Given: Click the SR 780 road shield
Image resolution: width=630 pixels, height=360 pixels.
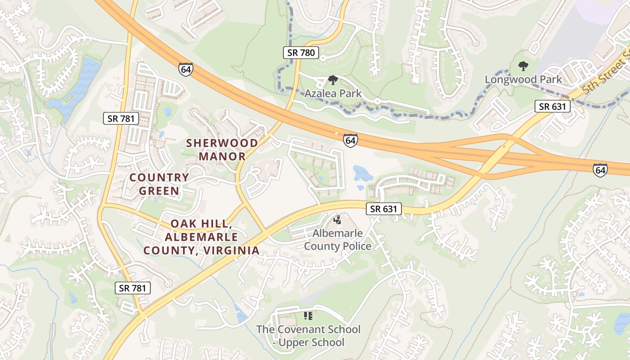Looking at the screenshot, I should coord(301,53).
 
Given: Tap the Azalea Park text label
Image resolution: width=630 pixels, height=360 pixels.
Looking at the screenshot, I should coord(333,94).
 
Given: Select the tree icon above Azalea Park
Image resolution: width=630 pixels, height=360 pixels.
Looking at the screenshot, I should coord(333,81).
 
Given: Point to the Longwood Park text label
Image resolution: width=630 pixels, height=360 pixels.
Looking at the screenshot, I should coord(523,80).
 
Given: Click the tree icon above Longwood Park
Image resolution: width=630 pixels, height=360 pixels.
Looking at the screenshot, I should coord(523,67).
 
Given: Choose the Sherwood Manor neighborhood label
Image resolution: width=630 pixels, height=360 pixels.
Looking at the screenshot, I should coord(222,150).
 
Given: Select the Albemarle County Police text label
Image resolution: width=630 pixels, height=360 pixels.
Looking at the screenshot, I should coord(337,240).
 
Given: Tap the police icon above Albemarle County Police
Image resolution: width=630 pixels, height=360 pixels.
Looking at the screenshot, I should coord(337,220).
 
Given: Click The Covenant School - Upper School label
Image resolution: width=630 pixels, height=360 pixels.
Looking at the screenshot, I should coord(308,336).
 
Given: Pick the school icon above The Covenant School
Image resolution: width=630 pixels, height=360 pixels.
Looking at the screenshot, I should coord(308,316).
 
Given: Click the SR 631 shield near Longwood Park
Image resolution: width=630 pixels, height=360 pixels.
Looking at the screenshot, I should coord(553,107).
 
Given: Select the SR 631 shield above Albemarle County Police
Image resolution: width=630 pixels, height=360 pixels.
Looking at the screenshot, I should coord(383,209).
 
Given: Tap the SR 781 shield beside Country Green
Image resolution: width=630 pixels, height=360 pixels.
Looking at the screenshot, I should coord(121,119).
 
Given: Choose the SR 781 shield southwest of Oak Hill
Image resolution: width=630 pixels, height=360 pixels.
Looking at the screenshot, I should coord(132,288).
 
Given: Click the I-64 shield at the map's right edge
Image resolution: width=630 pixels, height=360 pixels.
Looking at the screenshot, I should coord(600,170).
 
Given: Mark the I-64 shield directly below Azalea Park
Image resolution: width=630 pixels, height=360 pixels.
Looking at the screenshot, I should coord(350,140).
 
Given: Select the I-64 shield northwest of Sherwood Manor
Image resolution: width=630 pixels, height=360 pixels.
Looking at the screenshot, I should coord(185,69).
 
